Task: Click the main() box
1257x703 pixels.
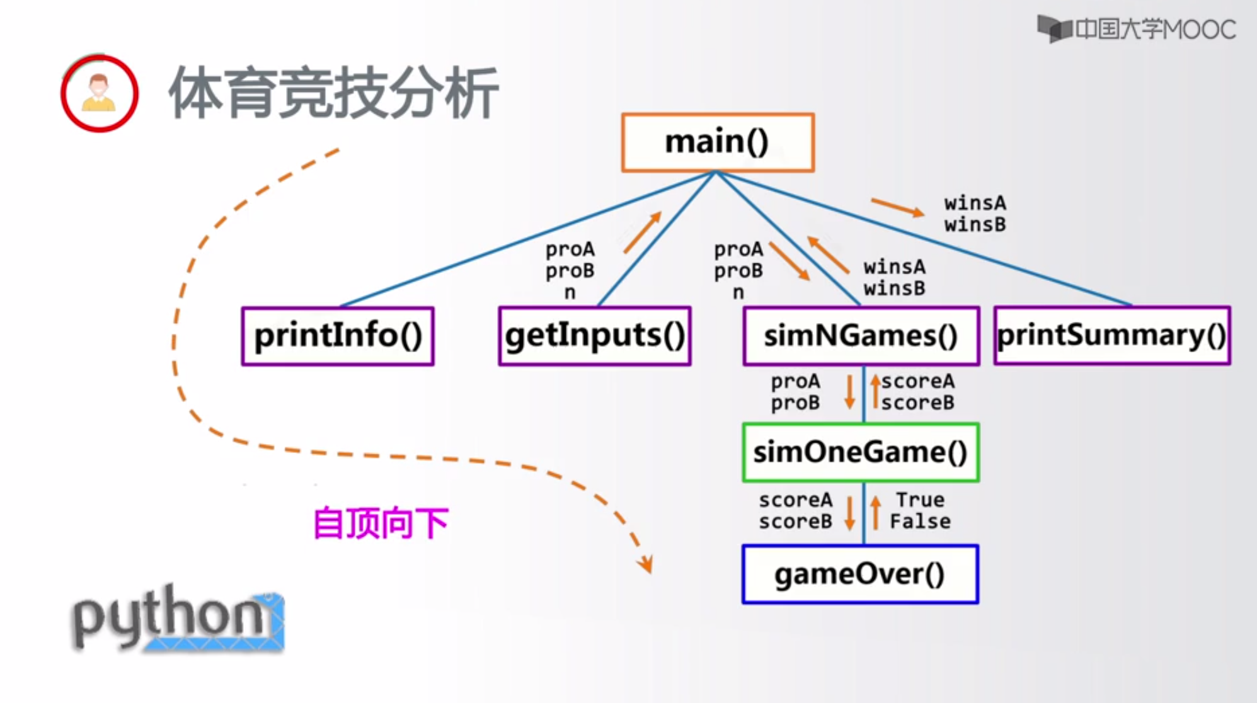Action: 718,142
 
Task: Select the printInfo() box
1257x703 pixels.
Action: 338,336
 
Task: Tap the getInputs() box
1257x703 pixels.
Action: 594,336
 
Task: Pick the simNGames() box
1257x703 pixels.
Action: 861,336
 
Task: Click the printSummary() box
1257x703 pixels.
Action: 1111,336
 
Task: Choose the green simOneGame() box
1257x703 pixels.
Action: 861,452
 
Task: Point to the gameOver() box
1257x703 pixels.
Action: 861,574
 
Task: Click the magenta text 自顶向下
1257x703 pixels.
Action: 381,523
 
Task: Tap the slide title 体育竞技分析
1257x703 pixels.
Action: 333,93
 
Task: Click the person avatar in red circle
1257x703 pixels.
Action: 100,93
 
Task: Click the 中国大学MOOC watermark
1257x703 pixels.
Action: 1137,29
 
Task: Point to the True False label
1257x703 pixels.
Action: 919,511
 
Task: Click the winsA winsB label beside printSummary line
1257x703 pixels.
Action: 975,214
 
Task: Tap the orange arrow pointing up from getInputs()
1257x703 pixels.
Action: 643,232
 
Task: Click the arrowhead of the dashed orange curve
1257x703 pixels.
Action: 646,564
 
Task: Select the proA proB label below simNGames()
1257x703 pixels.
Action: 795,392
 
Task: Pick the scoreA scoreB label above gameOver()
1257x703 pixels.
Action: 795,511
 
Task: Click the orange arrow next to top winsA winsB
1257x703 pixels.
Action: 897,207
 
